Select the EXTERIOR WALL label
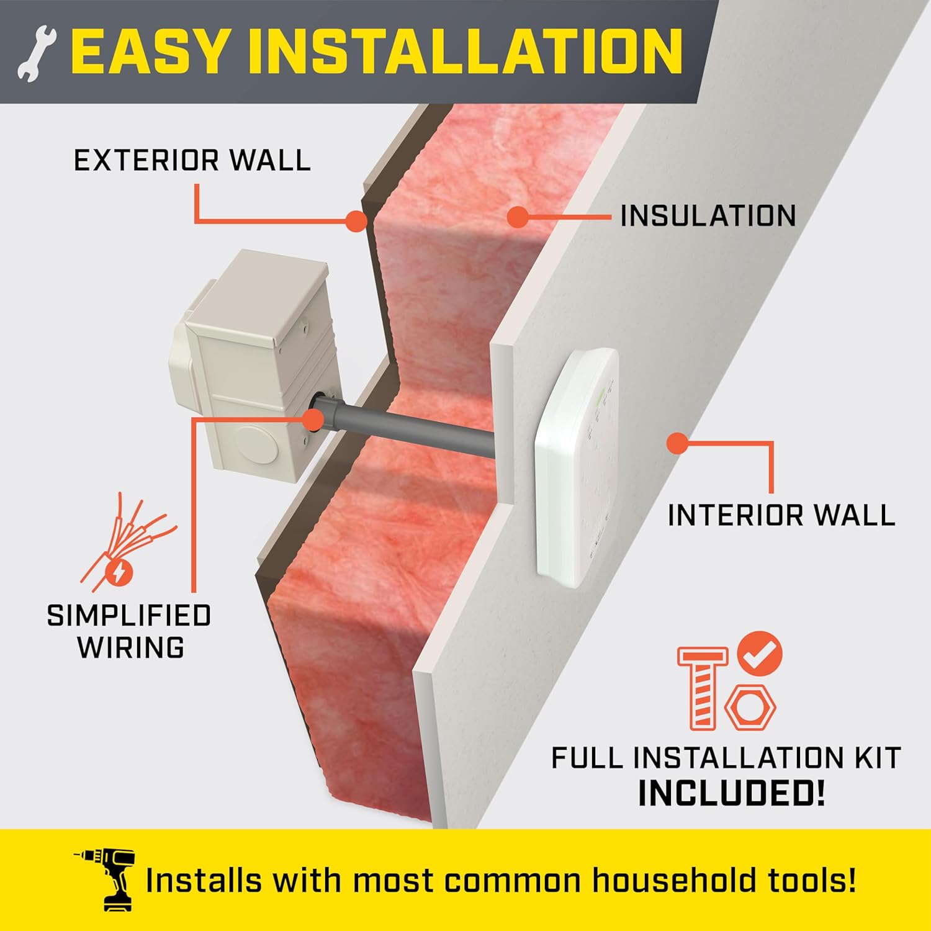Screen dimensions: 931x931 click(x=192, y=161)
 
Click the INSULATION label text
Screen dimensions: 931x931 click(x=708, y=216)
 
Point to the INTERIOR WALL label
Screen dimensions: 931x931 click(x=781, y=515)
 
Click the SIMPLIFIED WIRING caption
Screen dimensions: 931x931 click(x=129, y=631)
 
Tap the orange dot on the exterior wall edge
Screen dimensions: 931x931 click(x=356, y=221)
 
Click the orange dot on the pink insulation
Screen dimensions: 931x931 click(x=518, y=217)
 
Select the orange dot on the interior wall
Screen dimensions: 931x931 click(x=678, y=443)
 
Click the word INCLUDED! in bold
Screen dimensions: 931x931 click(x=732, y=793)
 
